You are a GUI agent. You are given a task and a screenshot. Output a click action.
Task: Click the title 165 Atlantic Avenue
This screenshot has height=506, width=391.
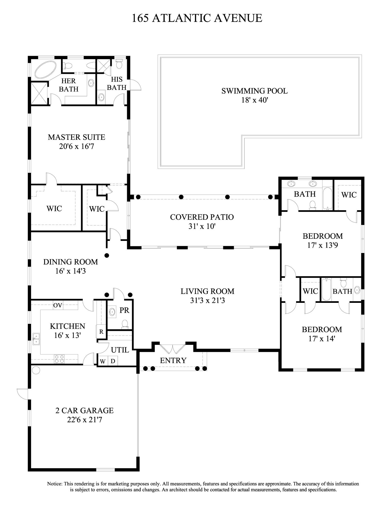[x=197, y=18]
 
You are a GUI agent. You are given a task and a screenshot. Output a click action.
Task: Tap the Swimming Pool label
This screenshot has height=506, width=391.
[x=254, y=91]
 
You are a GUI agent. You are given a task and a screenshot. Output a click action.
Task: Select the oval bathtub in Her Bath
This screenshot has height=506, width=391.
[x=45, y=69]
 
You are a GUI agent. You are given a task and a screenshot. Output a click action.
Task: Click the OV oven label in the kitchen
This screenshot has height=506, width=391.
[x=58, y=305]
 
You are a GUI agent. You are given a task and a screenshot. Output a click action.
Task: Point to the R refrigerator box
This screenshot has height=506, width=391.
[x=101, y=332]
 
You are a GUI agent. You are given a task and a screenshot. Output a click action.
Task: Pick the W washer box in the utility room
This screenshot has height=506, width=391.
[x=102, y=361]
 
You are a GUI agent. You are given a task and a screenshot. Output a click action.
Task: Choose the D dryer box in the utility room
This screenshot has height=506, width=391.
[x=113, y=361]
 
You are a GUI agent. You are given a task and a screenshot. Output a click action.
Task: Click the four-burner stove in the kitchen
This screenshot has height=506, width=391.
[x=60, y=359]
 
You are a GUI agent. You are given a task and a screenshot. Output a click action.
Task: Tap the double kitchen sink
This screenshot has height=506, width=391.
[x=36, y=339]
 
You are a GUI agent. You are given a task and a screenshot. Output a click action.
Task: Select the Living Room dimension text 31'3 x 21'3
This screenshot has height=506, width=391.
[x=207, y=301]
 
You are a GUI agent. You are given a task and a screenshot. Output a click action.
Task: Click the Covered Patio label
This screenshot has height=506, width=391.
[x=202, y=217]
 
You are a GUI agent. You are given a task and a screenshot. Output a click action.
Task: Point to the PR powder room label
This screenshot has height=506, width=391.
[x=124, y=310]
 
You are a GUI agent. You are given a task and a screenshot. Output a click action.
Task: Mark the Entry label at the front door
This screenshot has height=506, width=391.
[x=173, y=360]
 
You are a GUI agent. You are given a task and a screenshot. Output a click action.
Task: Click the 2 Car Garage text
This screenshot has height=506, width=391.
[x=85, y=410]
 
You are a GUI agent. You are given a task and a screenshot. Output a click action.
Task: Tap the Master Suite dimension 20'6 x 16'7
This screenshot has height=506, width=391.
[x=76, y=146]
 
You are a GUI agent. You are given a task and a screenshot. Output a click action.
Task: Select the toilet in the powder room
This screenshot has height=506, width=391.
[x=125, y=324]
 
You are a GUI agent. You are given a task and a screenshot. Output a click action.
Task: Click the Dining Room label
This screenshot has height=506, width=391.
[x=71, y=262]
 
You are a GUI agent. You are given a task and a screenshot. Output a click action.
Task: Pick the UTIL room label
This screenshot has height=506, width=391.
[x=120, y=350]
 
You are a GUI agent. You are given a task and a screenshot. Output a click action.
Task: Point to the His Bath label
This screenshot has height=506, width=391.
[x=117, y=83]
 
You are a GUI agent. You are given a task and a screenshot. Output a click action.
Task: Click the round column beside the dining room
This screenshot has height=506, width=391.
[x=107, y=256]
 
